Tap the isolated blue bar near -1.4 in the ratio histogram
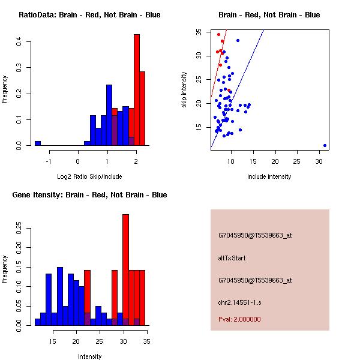pyautogui.click(x=38, y=143)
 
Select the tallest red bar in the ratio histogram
pyautogui.click(x=137, y=90)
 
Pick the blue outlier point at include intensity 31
pyautogui.click(x=325, y=145)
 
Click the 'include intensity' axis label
pyautogui.click(x=269, y=176)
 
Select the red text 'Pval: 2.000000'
pyautogui.click(x=239, y=319)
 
